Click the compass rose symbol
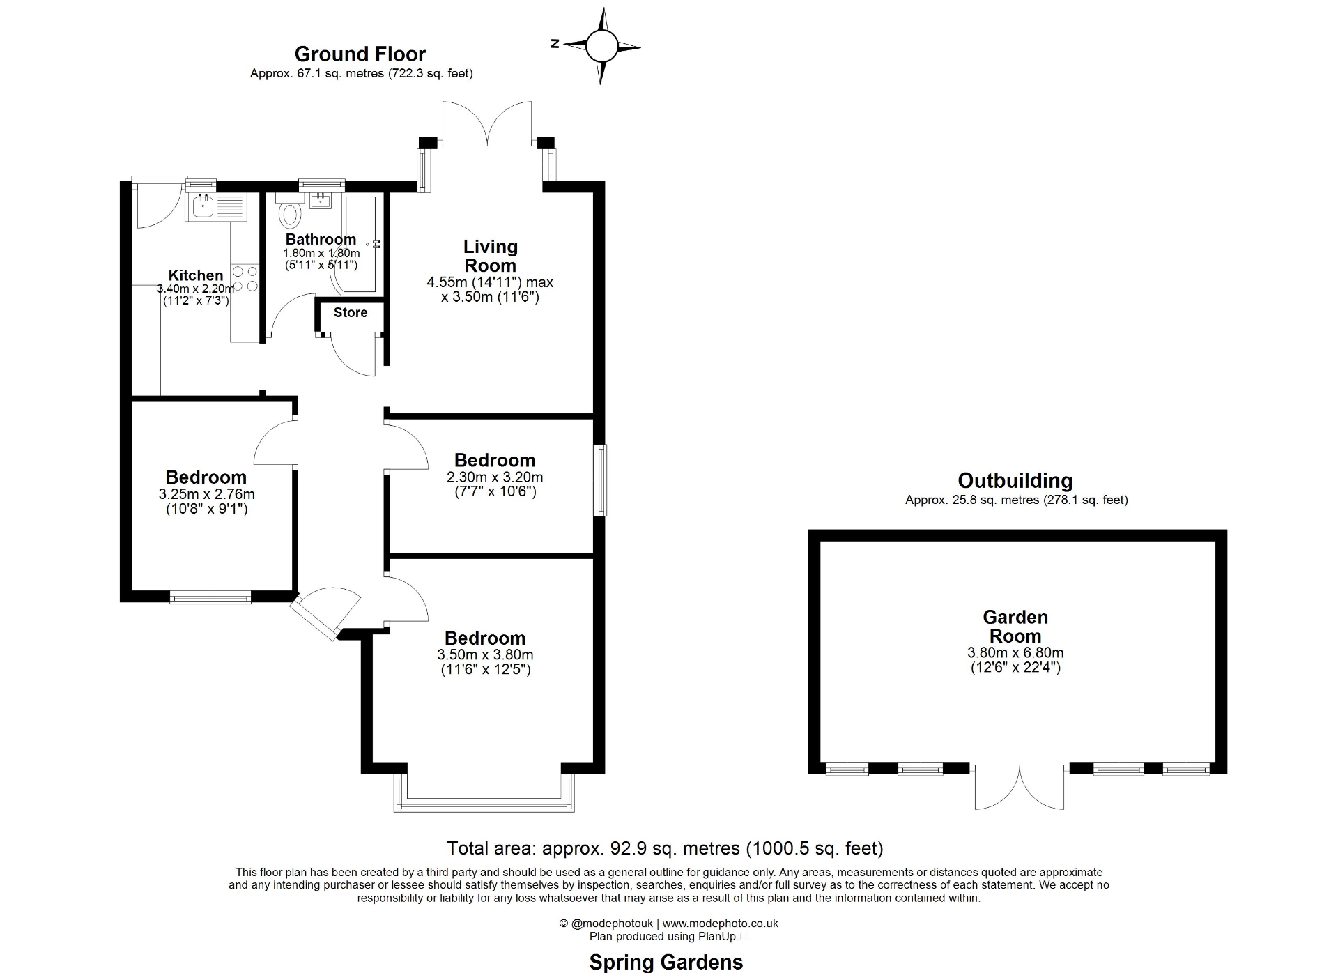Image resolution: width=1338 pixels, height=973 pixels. (x=601, y=46)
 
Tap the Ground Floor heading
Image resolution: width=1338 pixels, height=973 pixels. (x=360, y=54)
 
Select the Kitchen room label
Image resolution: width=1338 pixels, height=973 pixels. (x=196, y=275)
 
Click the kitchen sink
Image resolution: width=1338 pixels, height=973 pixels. (x=204, y=206)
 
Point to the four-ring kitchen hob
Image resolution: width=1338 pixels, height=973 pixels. (x=245, y=279)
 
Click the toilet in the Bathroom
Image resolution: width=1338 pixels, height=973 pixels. (x=289, y=214)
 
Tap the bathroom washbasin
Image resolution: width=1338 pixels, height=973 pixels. (x=321, y=201)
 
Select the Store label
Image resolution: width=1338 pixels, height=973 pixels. (x=350, y=313)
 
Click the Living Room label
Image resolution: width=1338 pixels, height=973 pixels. (x=490, y=256)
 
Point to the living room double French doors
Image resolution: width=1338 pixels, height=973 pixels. (x=487, y=125)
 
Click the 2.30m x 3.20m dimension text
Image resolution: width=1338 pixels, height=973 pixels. (x=495, y=477)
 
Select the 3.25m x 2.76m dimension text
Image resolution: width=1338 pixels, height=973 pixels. (x=206, y=494)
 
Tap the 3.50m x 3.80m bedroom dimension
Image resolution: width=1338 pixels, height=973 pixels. (x=485, y=654)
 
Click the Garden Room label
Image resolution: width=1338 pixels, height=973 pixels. (x=1015, y=626)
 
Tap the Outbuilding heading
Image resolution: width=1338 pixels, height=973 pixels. (x=1015, y=480)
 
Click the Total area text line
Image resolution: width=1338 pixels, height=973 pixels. (x=665, y=848)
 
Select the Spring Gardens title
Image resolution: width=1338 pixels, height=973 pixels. (x=666, y=962)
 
